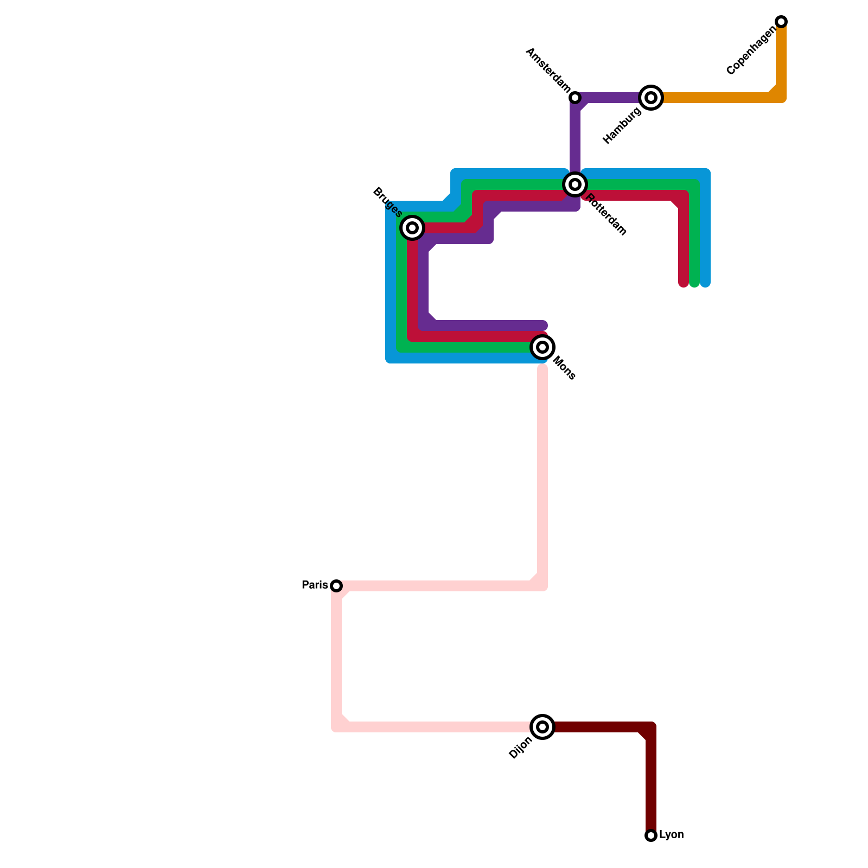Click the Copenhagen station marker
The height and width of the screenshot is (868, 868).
pyautogui.click(x=781, y=22)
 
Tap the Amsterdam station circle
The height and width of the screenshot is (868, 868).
pyautogui.click(x=575, y=98)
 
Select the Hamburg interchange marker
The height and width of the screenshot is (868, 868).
pyautogui.click(x=651, y=98)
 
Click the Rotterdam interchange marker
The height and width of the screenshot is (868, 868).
pyautogui.click(x=575, y=184)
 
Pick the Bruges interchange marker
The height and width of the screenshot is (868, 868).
pyautogui.click(x=412, y=228)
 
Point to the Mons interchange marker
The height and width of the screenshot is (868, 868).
pyautogui.click(x=542, y=347)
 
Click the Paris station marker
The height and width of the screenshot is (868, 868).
pyautogui.click(x=336, y=586)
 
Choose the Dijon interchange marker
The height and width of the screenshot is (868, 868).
pyautogui.click(x=542, y=727)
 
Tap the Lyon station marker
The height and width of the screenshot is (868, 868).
pyautogui.click(x=651, y=835)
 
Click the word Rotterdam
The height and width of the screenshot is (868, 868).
pyautogui.click(x=607, y=215)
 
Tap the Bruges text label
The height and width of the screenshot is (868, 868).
pyautogui.click(x=387, y=203)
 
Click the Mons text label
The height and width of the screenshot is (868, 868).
pyautogui.click(x=564, y=368)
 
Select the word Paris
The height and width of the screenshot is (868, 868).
pyautogui.click(x=315, y=585)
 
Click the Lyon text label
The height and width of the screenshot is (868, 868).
pyautogui.click(x=671, y=834)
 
